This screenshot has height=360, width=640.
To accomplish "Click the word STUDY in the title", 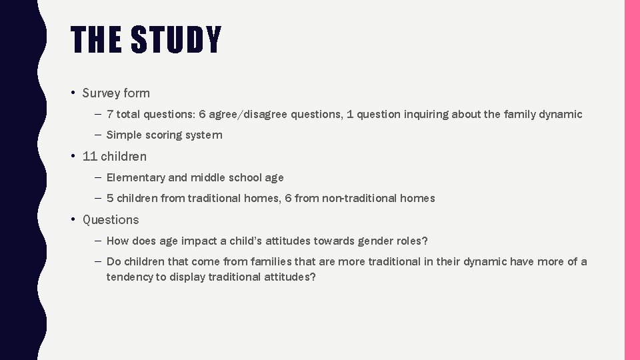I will (x=176, y=40).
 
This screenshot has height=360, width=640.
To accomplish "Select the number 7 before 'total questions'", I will (x=110, y=115).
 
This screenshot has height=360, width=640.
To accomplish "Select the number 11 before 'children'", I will (x=90, y=157).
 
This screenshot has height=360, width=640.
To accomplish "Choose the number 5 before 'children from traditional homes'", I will (x=110, y=199).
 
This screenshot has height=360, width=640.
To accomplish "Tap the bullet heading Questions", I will (x=111, y=220).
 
